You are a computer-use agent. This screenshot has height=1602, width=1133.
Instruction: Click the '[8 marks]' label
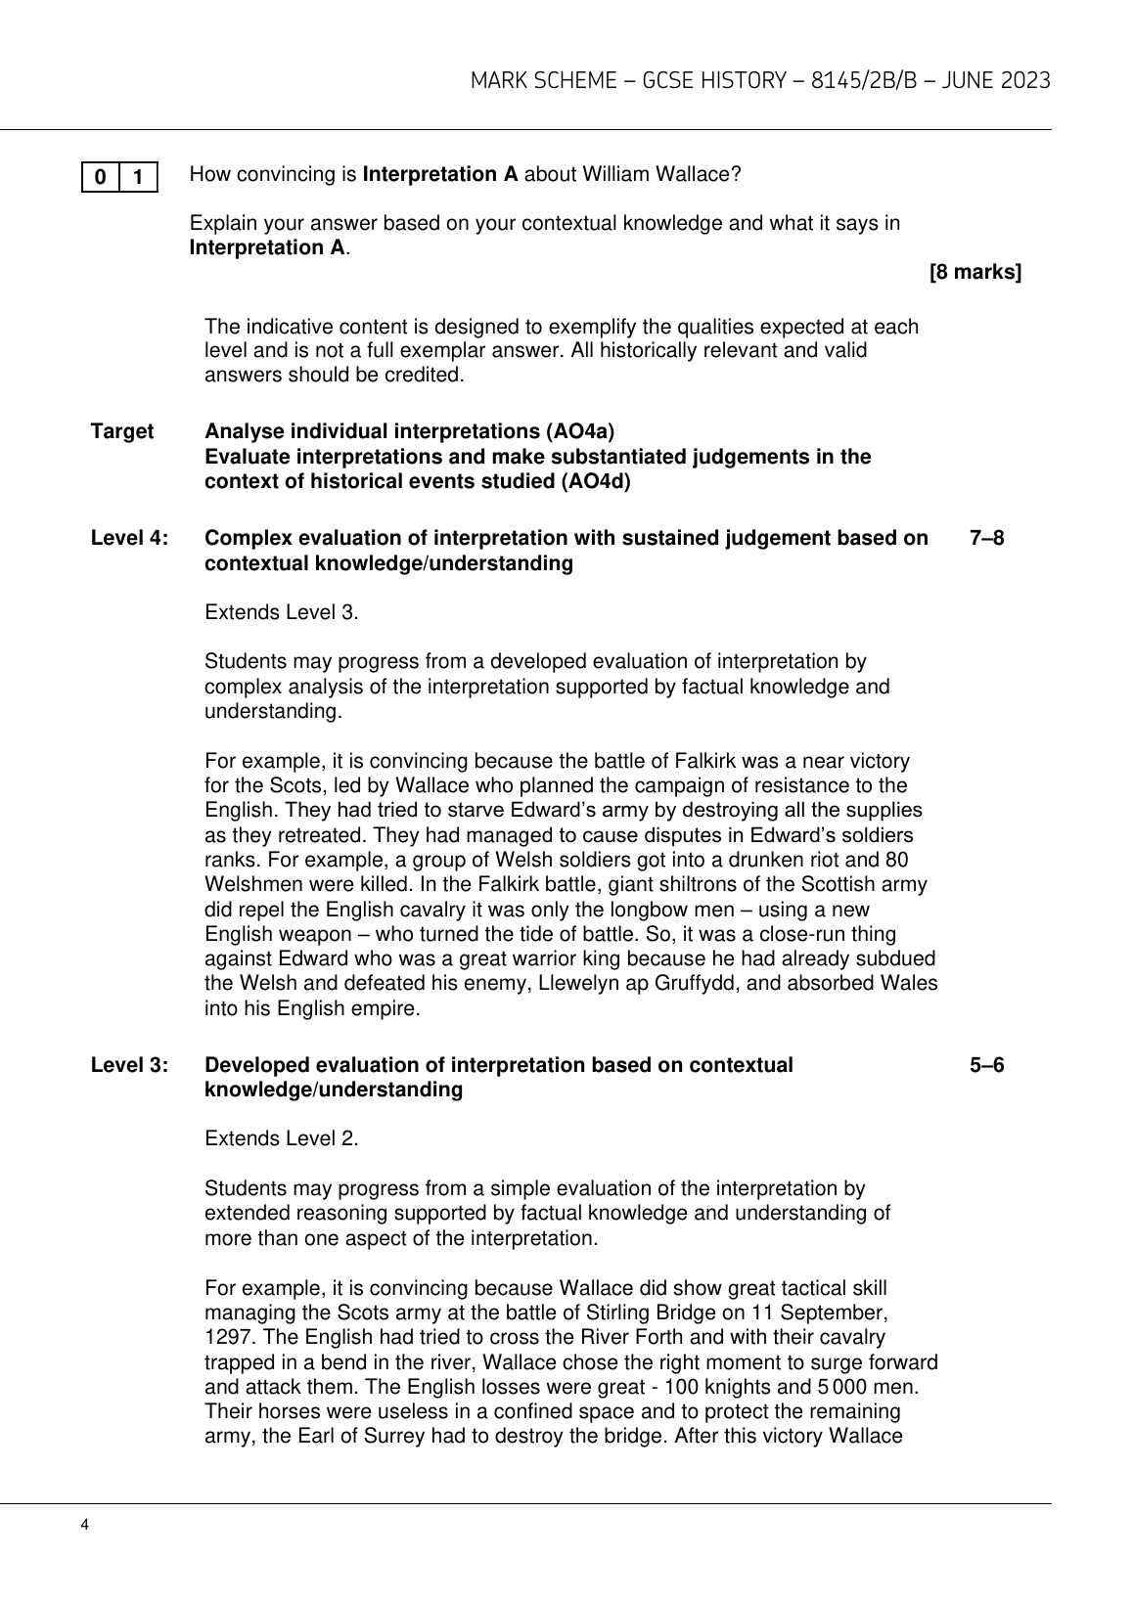(974, 273)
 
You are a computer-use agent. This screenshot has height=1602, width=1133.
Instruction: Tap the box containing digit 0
(101, 177)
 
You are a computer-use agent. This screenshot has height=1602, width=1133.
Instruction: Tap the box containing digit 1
(138, 177)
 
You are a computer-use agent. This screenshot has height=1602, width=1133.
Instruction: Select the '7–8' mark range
(986, 538)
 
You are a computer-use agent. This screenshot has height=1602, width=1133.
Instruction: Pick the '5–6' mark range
(986, 1065)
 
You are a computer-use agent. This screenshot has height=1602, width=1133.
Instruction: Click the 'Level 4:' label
(130, 538)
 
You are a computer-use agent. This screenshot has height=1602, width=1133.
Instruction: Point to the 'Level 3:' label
(130, 1065)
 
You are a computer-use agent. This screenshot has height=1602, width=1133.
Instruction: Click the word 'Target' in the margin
(122, 431)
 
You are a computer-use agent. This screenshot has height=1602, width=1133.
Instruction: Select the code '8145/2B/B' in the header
(847, 80)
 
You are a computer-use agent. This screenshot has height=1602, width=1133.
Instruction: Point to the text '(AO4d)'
(596, 481)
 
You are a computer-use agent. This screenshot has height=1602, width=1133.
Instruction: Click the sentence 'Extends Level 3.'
(282, 613)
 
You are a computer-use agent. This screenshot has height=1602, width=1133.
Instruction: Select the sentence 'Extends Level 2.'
(282, 1139)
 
